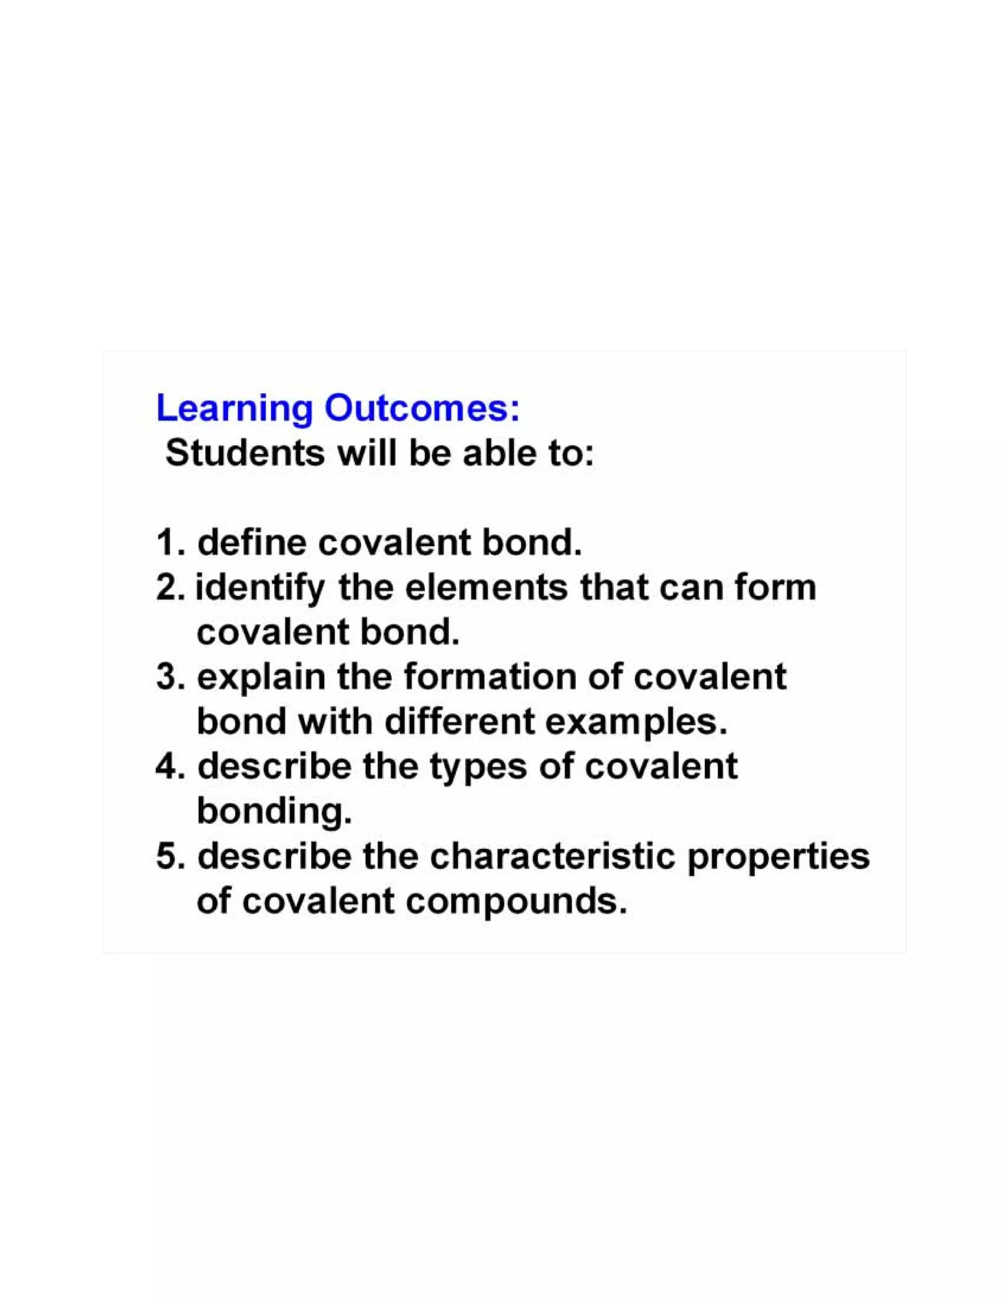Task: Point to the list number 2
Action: pos(167,588)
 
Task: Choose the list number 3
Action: pos(167,678)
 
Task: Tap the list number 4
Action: pos(167,767)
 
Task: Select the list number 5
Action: pos(167,857)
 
